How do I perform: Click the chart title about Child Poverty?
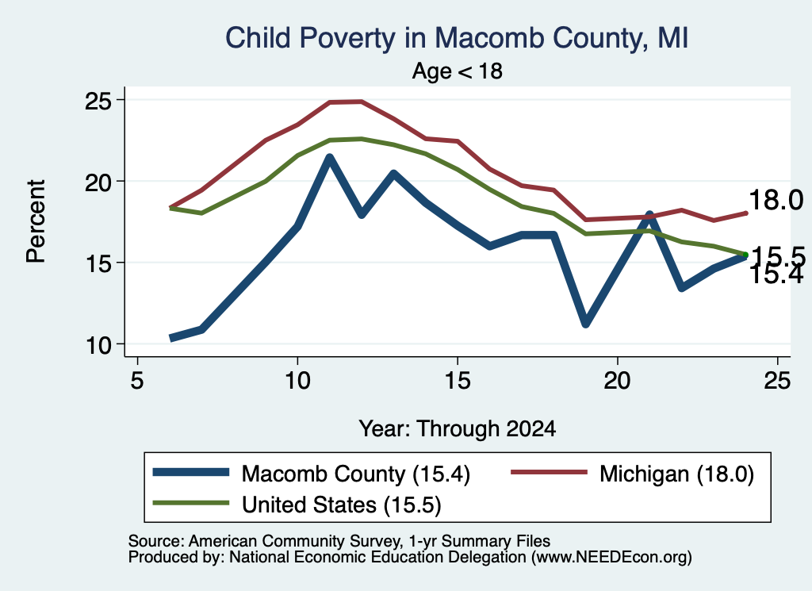click(x=457, y=38)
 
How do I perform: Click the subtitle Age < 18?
click(x=458, y=71)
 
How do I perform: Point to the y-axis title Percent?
click(x=36, y=221)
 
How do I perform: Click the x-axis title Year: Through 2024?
click(x=458, y=429)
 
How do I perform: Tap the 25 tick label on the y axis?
click(x=98, y=100)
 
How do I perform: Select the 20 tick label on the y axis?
click(x=98, y=182)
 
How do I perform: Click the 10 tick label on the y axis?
click(x=98, y=344)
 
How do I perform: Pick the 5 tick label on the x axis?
click(x=137, y=382)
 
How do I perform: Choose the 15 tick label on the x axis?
click(x=458, y=382)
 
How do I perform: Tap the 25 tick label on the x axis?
click(x=777, y=382)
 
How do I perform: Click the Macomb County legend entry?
click(x=311, y=474)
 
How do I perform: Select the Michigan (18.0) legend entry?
click(x=632, y=474)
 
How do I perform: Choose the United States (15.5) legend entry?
click(x=297, y=504)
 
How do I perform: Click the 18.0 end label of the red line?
click(x=776, y=200)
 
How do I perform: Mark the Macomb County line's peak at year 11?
click(x=329, y=157)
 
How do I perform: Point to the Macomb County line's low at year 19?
click(x=586, y=323)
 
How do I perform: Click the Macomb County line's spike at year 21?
click(x=649, y=214)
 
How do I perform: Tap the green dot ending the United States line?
click(x=745, y=255)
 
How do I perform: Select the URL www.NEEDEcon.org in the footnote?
click(x=608, y=558)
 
